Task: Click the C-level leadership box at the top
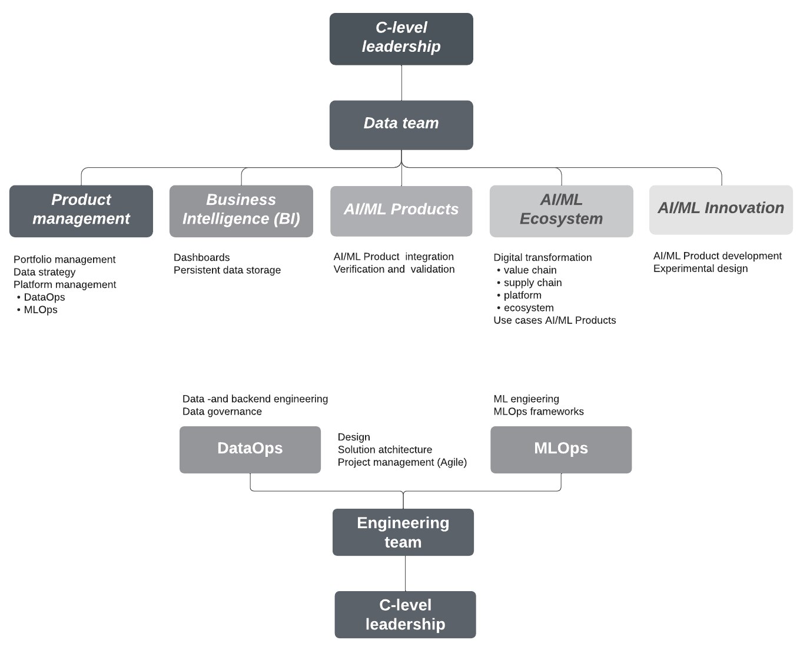(401, 39)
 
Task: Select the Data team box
(401, 125)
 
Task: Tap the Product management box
(81, 211)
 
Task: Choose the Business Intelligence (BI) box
(241, 211)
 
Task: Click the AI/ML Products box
(401, 211)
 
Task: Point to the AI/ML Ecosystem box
(561, 211)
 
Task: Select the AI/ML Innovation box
(721, 210)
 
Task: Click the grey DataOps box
(250, 449)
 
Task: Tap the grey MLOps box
(560, 449)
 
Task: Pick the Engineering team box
(403, 532)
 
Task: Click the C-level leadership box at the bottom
(405, 615)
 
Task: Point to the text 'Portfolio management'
(64, 260)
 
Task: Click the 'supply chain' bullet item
(532, 283)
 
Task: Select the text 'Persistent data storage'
(227, 270)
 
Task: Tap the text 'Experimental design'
(700, 268)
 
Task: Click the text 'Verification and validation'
(394, 269)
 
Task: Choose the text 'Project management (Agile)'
(402, 462)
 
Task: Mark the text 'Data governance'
(222, 412)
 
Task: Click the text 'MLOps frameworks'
(538, 412)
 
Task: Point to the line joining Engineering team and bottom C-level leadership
(405, 573)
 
